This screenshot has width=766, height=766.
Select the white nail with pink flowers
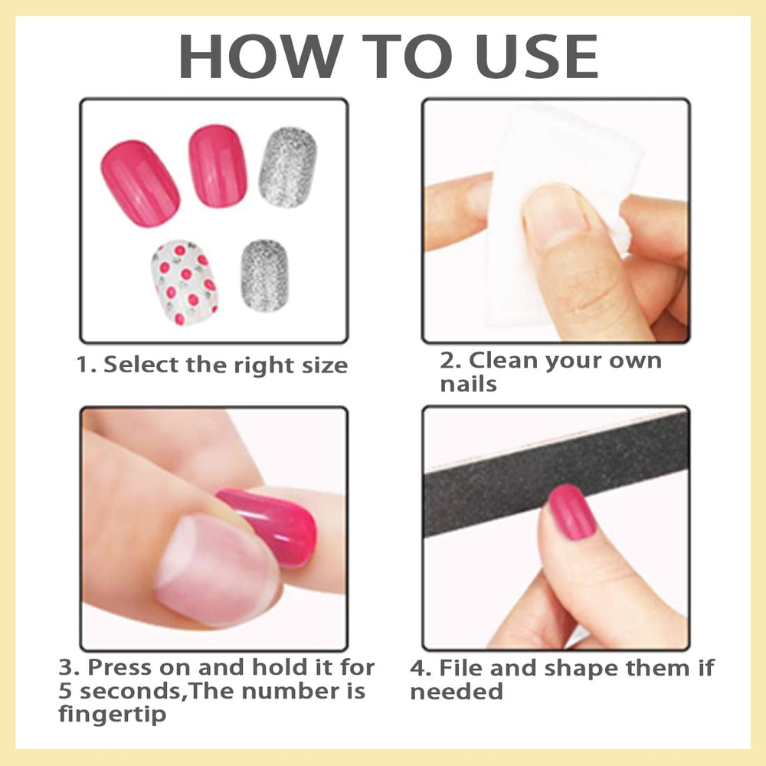pyautogui.click(x=185, y=283)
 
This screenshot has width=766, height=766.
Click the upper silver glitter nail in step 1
pyautogui.click(x=287, y=167)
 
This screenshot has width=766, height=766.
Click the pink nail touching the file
pyautogui.click(x=571, y=511)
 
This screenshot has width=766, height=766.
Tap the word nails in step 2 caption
pyautogui.click(x=468, y=384)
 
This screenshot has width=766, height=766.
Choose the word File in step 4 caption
pyautogui.click(x=460, y=668)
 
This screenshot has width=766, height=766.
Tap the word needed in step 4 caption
pyautogui.click(x=457, y=692)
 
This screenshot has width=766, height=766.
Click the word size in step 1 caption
pyautogui.click(x=321, y=365)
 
